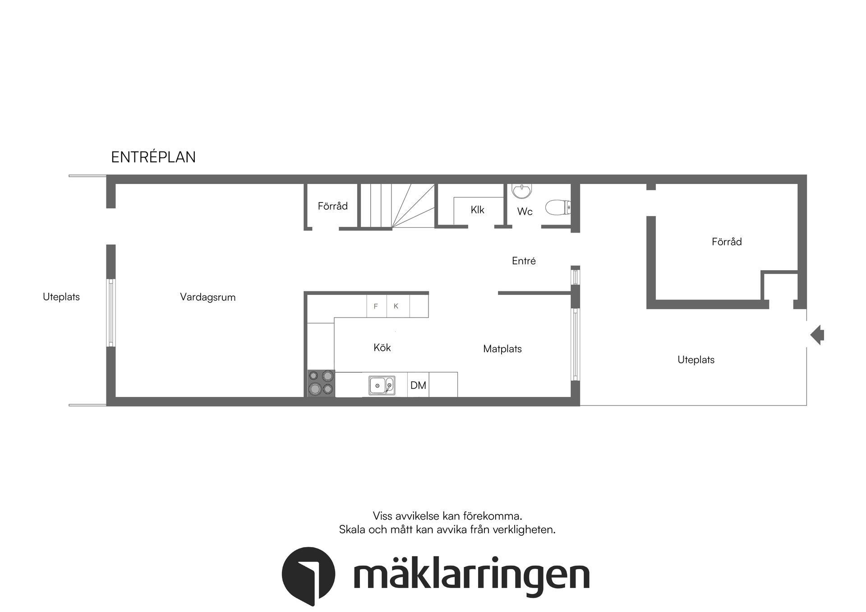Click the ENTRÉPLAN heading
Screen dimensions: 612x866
click(x=153, y=157)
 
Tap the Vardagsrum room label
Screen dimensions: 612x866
click(x=207, y=297)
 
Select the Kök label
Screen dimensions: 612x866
click(x=382, y=348)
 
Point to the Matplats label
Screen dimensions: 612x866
click(x=502, y=349)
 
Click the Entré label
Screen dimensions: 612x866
click(x=524, y=261)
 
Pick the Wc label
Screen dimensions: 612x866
click(x=525, y=212)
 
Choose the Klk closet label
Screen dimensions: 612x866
click(x=477, y=210)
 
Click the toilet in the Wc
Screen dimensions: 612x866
click(x=558, y=208)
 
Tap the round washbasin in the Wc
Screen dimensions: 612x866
click(x=522, y=191)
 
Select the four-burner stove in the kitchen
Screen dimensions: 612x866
click(x=321, y=383)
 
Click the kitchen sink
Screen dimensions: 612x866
click(x=382, y=386)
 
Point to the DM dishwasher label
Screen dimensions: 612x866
click(x=418, y=385)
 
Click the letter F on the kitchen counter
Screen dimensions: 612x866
click(x=376, y=306)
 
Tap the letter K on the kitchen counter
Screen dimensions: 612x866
click(x=396, y=306)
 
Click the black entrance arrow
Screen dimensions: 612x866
click(x=817, y=335)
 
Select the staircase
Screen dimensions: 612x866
click(x=397, y=206)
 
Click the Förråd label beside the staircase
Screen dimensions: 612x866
click(x=332, y=206)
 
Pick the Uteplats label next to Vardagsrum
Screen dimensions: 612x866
click(x=61, y=297)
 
